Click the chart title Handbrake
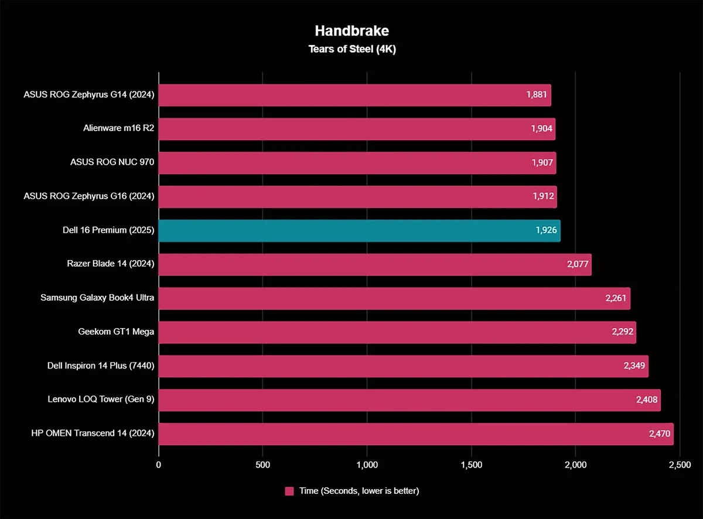[x=352, y=30]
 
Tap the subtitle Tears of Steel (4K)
[x=352, y=49]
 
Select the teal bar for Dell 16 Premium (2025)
[x=359, y=231]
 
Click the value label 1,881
[x=536, y=95]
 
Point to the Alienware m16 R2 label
[x=118, y=129]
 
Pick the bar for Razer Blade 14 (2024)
[x=374, y=265]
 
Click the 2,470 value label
[x=658, y=434]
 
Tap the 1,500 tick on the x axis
[x=471, y=465]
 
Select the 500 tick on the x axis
[x=262, y=465]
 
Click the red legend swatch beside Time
[x=289, y=491]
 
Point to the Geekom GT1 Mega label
[x=116, y=332]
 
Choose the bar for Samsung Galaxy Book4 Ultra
[x=394, y=299]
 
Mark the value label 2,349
[x=633, y=366]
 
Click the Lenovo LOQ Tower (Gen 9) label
[x=101, y=400]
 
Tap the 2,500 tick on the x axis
[x=679, y=465]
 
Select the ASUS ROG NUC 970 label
[x=112, y=163]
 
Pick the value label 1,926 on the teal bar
[x=545, y=231]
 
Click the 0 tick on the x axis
[x=159, y=465]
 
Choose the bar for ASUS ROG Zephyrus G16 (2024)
[x=357, y=197]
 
